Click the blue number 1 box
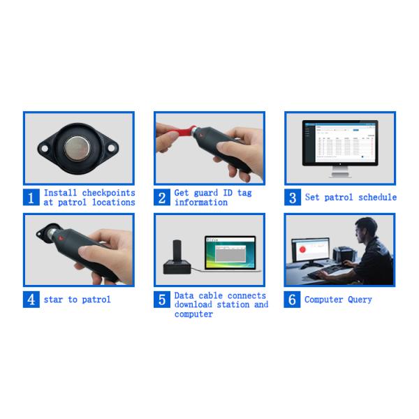(31, 198)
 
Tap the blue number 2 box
(162, 198)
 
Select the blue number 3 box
(293, 198)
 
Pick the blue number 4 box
(31, 300)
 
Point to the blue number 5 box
(162, 300)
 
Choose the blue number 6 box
(292, 300)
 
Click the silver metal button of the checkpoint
(78, 149)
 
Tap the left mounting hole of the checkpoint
(45, 148)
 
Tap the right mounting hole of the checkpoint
(112, 148)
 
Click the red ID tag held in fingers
(184, 131)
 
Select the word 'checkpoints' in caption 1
(108, 193)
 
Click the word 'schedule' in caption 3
(377, 197)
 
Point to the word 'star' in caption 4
(53, 300)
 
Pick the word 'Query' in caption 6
(360, 300)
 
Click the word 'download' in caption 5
(193, 304)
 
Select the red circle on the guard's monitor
(302, 249)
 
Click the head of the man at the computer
(366, 230)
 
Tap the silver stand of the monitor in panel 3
(340, 172)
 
